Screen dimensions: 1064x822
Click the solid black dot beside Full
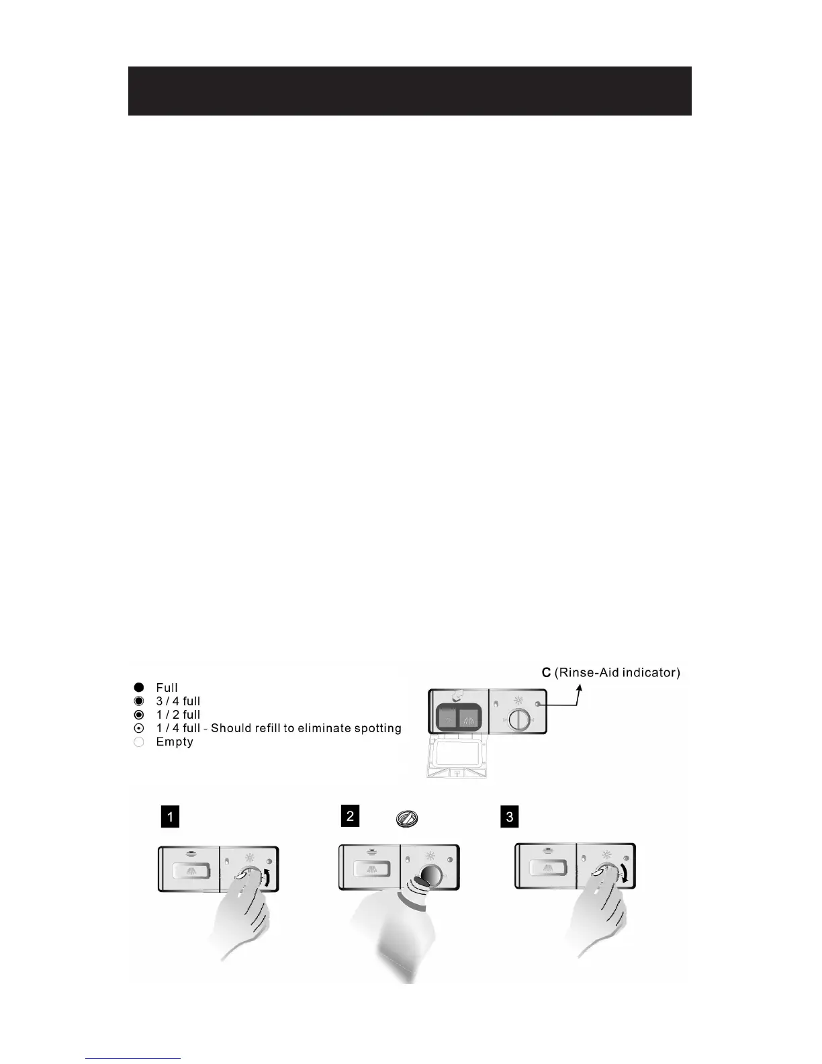[x=139, y=687]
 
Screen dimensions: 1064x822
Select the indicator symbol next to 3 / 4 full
[x=139, y=701]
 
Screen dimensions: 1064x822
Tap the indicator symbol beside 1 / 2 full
[x=139, y=715]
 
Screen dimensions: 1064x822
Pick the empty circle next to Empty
[x=139, y=742]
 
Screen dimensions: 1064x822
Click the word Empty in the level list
[x=175, y=742]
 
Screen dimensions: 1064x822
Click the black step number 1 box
[x=171, y=817]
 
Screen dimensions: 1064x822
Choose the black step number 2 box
[x=350, y=816]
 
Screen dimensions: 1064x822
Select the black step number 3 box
[x=510, y=817]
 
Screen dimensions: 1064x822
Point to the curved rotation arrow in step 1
[x=269, y=877]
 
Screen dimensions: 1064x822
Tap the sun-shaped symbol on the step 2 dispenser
[x=430, y=856]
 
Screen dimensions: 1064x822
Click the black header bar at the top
[x=410, y=91]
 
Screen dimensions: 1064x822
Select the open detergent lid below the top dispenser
[x=456, y=759]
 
